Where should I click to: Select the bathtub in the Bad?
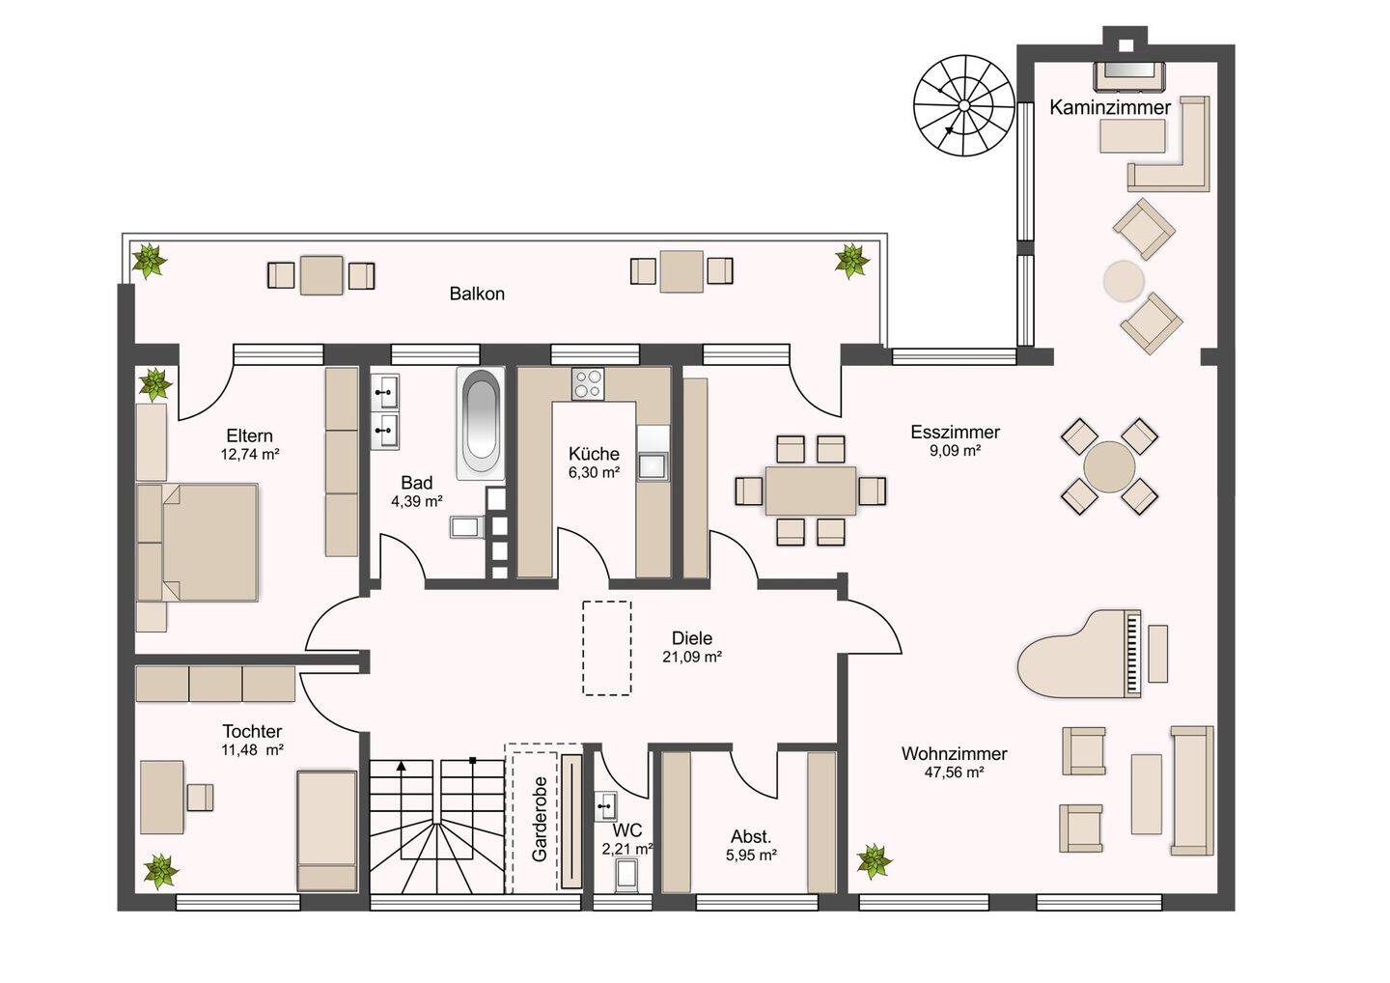[x=481, y=423]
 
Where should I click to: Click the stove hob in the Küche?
[x=587, y=383]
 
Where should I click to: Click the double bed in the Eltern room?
[x=197, y=543]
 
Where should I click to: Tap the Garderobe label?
[x=540, y=819]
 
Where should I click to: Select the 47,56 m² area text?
[x=955, y=772]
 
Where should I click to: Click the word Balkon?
[x=477, y=294]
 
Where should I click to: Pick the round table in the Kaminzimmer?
[x=1124, y=281]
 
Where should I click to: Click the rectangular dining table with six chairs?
[x=811, y=491]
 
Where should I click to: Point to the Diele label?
[x=692, y=637]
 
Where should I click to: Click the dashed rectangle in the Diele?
[x=607, y=648]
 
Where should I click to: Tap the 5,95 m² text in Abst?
[x=751, y=856]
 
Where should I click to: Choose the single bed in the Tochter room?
[x=327, y=830]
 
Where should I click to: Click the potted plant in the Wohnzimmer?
[x=875, y=860]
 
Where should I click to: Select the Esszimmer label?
[x=955, y=432]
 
